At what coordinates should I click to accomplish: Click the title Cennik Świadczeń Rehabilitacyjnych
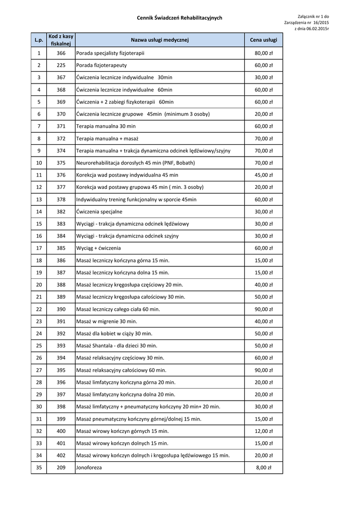click(x=180, y=18)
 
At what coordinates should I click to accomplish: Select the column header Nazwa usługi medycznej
click(x=160, y=40)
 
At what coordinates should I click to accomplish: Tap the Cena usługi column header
click(x=264, y=40)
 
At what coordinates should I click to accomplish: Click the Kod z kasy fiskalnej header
click(x=61, y=40)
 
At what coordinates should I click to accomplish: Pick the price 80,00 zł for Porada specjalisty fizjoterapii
click(x=264, y=53)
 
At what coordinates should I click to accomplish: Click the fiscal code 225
click(x=61, y=65)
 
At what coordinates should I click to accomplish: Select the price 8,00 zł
click(x=264, y=468)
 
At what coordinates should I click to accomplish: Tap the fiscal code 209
click(x=61, y=468)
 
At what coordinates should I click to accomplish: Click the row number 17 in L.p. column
click(x=39, y=248)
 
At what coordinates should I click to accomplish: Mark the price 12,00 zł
click(x=264, y=431)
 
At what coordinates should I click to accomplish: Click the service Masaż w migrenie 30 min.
click(x=106, y=321)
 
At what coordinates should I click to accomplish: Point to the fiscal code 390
click(x=61, y=309)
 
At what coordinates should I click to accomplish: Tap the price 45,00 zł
click(x=264, y=175)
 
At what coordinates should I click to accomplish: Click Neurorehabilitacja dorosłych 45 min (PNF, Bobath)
click(x=135, y=163)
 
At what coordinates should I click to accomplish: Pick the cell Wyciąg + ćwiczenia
click(x=98, y=248)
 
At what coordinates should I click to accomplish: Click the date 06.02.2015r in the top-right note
click(x=318, y=29)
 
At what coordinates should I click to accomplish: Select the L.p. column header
click(x=39, y=40)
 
